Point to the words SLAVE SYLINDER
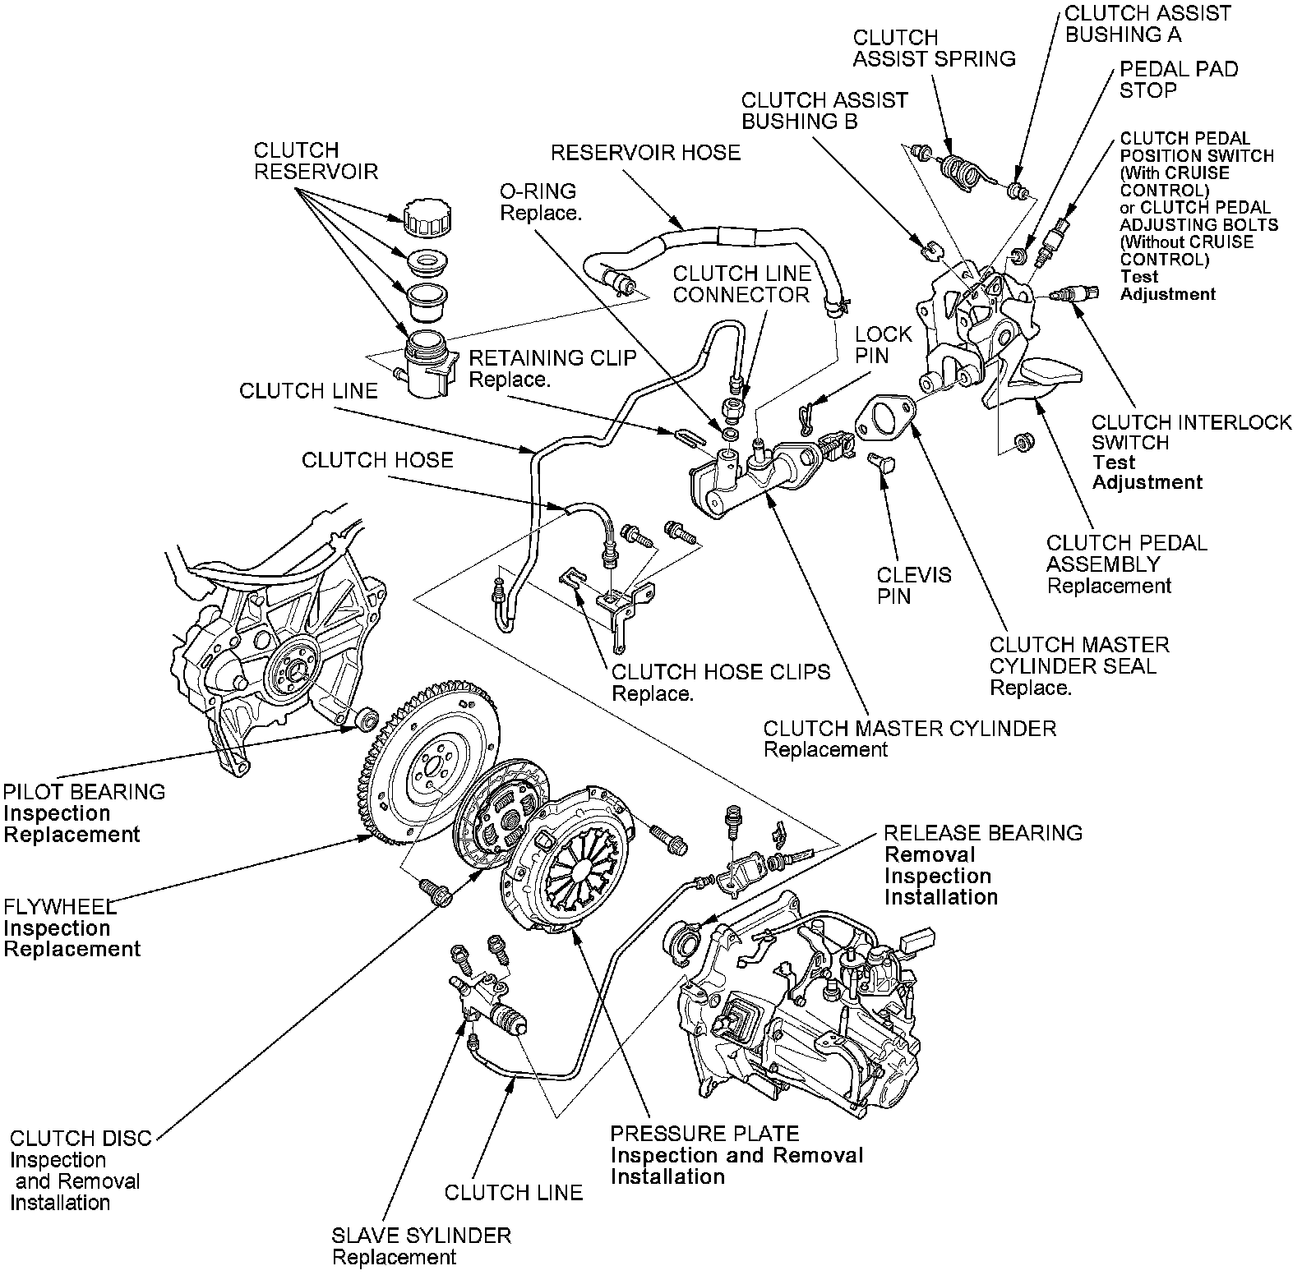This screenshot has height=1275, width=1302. click(x=421, y=1235)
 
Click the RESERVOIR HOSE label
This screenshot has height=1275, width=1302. click(x=645, y=153)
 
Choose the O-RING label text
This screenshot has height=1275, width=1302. click(x=538, y=191)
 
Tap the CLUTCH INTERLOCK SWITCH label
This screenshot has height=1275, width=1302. click(x=1191, y=432)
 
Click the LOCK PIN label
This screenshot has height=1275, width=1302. click(x=883, y=345)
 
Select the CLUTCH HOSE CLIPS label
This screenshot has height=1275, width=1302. click(x=721, y=672)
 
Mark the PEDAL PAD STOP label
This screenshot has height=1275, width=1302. click(x=1178, y=80)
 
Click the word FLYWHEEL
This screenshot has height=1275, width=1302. click(x=60, y=907)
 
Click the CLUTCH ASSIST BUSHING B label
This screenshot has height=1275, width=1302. click(x=824, y=111)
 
